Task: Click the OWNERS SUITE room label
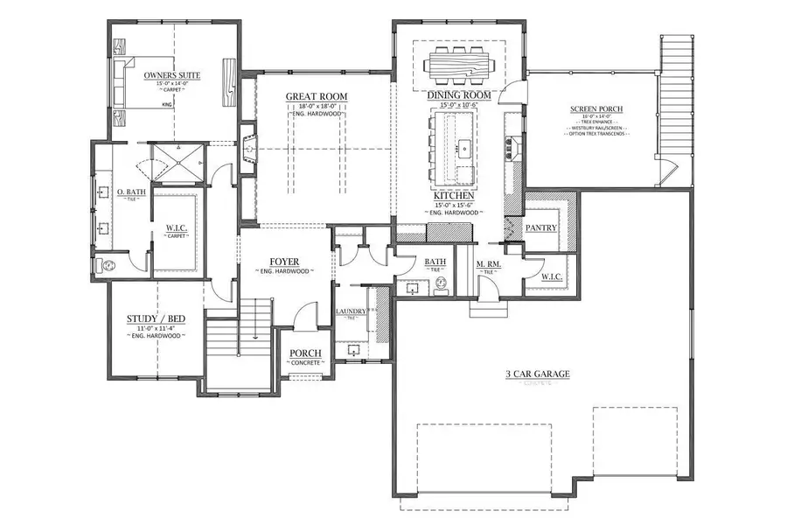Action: [172, 76]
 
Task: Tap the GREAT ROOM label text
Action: [317, 96]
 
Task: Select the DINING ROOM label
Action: [458, 94]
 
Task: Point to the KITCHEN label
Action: [454, 195]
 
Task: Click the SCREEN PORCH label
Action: [596, 112]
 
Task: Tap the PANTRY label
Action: [540, 227]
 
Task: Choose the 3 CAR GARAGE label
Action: [537, 374]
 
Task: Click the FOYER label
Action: [284, 262]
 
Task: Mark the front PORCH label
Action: [305, 353]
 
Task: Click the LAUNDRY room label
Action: [351, 311]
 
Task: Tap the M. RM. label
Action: [488, 264]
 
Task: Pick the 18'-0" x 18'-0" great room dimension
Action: [317, 106]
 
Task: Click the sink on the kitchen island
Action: [466, 150]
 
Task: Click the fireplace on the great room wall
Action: [249, 151]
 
